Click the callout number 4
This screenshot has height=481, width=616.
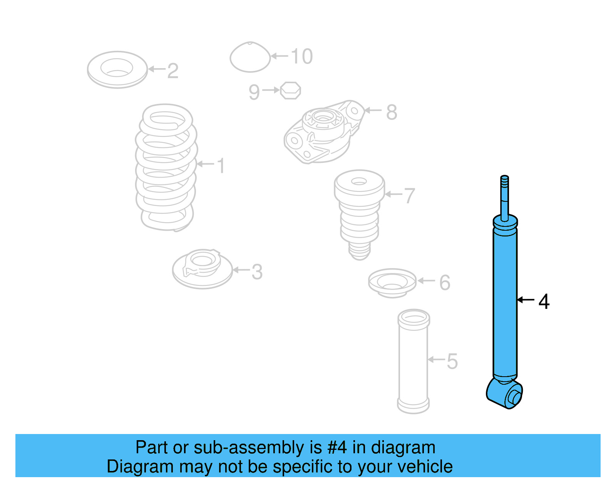(x=544, y=302)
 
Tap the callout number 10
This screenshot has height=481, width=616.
(x=301, y=57)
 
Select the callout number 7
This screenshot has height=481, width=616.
(x=409, y=196)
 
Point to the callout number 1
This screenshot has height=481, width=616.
(x=221, y=166)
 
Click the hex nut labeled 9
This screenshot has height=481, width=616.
(x=290, y=91)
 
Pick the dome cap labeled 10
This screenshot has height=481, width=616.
(x=250, y=58)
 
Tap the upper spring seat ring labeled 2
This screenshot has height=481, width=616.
(x=117, y=70)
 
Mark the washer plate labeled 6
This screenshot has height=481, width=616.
(x=392, y=283)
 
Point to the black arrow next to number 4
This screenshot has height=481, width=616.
(x=526, y=300)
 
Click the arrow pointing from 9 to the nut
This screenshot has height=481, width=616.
(x=271, y=90)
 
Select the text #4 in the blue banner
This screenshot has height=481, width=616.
(x=337, y=447)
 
